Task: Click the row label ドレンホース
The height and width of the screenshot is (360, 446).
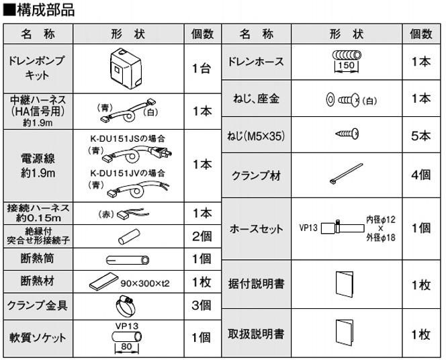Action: click(x=257, y=62)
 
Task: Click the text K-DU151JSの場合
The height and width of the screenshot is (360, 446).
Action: click(x=127, y=138)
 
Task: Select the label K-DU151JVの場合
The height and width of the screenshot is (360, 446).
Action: click(x=127, y=172)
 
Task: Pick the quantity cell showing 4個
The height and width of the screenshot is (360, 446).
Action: click(x=420, y=176)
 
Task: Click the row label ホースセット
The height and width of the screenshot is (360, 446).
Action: click(x=257, y=228)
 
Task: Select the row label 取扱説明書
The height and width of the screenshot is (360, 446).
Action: click(x=257, y=332)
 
